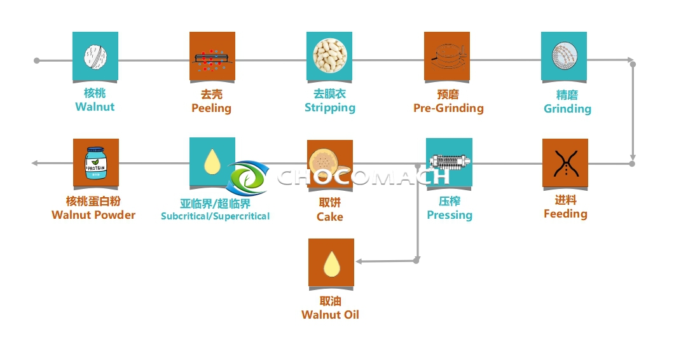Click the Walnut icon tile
(x=95, y=56)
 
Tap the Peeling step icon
(x=212, y=56)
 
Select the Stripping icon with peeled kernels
(x=329, y=56)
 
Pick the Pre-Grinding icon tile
(x=447, y=56)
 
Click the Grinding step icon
(x=564, y=56)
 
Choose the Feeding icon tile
(x=565, y=163)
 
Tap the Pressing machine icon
(x=449, y=162)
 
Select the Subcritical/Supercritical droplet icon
(x=212, y=162)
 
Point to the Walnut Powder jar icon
(x=96, y=163)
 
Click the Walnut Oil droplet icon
(x=331, y=262)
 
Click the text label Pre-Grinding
(x=448, y=108)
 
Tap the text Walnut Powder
(x=93, y=215)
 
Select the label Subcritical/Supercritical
(x=215, y=216)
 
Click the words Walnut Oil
(x=330, y=314)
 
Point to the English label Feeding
(x=565, y=214)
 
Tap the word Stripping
(x=329, y=107)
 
